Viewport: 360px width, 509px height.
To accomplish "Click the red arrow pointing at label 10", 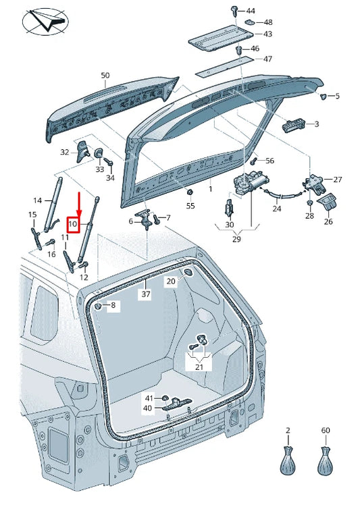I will (79, 203).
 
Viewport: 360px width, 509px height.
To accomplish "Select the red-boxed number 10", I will (74, 223).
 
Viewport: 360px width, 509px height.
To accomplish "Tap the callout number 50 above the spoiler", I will (105, 76).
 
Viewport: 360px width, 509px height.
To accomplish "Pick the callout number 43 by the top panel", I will (267, 34).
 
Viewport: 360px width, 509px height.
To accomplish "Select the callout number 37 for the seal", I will (146, 294).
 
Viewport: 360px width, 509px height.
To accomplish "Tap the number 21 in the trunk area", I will (199, 366).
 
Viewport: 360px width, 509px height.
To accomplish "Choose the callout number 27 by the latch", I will (338, 180).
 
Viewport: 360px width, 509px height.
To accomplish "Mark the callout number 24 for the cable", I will (276, 209).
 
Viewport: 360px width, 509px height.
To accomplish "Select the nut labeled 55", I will (190, 193).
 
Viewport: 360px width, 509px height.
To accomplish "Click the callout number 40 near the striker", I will (147, 408).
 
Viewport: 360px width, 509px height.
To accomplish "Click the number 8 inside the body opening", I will (113, 306).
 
